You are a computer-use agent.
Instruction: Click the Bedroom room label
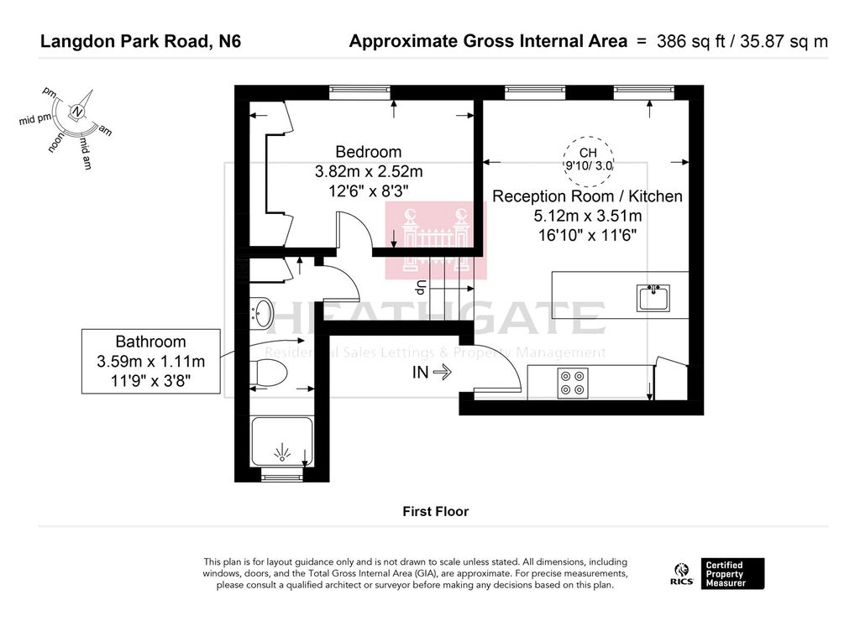(x=368, y=152)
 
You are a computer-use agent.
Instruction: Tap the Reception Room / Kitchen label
(x=587, y=196)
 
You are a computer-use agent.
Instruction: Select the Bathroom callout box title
(x=151, y=342)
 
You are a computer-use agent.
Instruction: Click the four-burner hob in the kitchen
(x=573, y=383)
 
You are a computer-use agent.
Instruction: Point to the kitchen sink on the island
(x=653, y=298)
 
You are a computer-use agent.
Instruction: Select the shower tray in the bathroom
(x=282, y=441)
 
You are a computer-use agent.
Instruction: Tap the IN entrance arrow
(x=442, y=372)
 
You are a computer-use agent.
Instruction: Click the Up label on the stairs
(x=421, y=287)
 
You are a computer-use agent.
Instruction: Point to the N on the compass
(x=77, y=112)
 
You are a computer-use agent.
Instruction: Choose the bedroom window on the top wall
(x=359, y=92)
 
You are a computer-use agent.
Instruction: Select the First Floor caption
(x=436, y=511)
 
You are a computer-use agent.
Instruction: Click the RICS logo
(x=682, y=574)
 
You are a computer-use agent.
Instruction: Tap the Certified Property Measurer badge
(x=732, y=574)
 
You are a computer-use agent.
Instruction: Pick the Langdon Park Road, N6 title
(x=140, y=42)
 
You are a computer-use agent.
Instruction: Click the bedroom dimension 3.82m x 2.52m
(x=369, y=171)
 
